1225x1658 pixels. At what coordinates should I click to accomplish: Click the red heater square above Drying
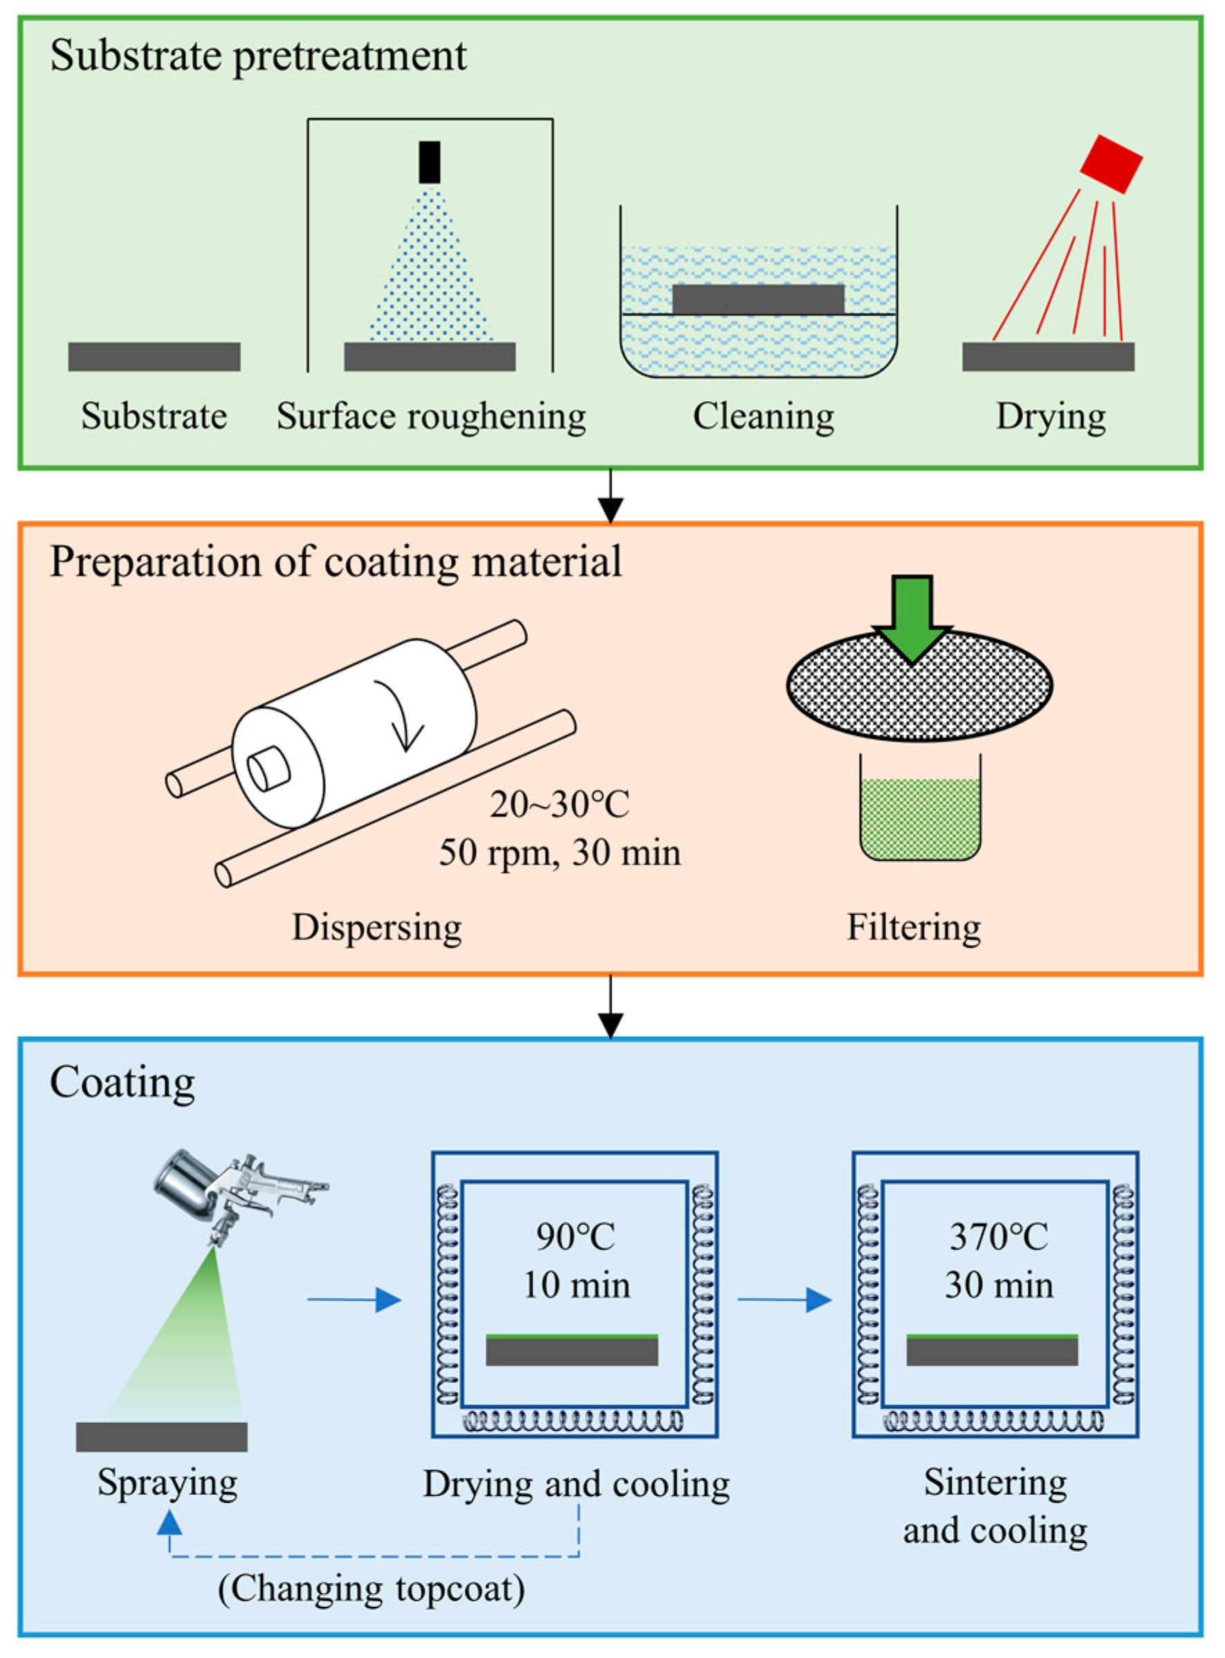1110,164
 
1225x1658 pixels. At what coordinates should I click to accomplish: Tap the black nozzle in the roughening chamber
430,162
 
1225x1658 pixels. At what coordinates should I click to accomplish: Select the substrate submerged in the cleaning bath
758,299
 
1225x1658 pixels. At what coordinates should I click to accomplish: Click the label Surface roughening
431,416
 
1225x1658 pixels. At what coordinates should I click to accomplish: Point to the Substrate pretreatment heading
258,56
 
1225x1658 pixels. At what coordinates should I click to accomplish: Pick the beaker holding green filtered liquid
919,812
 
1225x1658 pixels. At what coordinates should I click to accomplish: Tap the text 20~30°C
559,804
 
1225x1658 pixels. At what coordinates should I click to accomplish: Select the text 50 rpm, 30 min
559,853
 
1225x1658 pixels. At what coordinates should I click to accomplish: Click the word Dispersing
377,928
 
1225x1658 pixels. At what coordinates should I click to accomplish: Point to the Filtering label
914,928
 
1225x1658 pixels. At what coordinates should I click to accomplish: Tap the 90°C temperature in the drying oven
575,1237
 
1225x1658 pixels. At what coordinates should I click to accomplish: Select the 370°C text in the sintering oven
998,1237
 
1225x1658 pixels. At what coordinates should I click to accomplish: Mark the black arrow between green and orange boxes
610,497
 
